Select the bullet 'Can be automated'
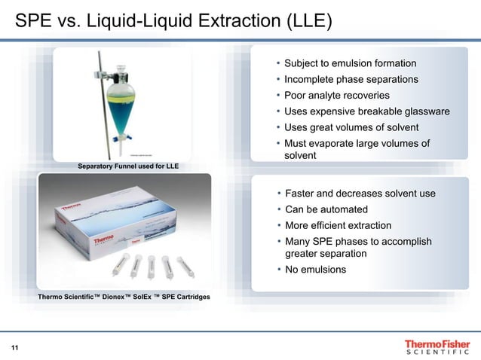point(326,209)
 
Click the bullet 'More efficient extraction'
point(338,225)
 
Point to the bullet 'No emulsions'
point(315,270)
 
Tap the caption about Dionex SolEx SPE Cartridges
point(124,297)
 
